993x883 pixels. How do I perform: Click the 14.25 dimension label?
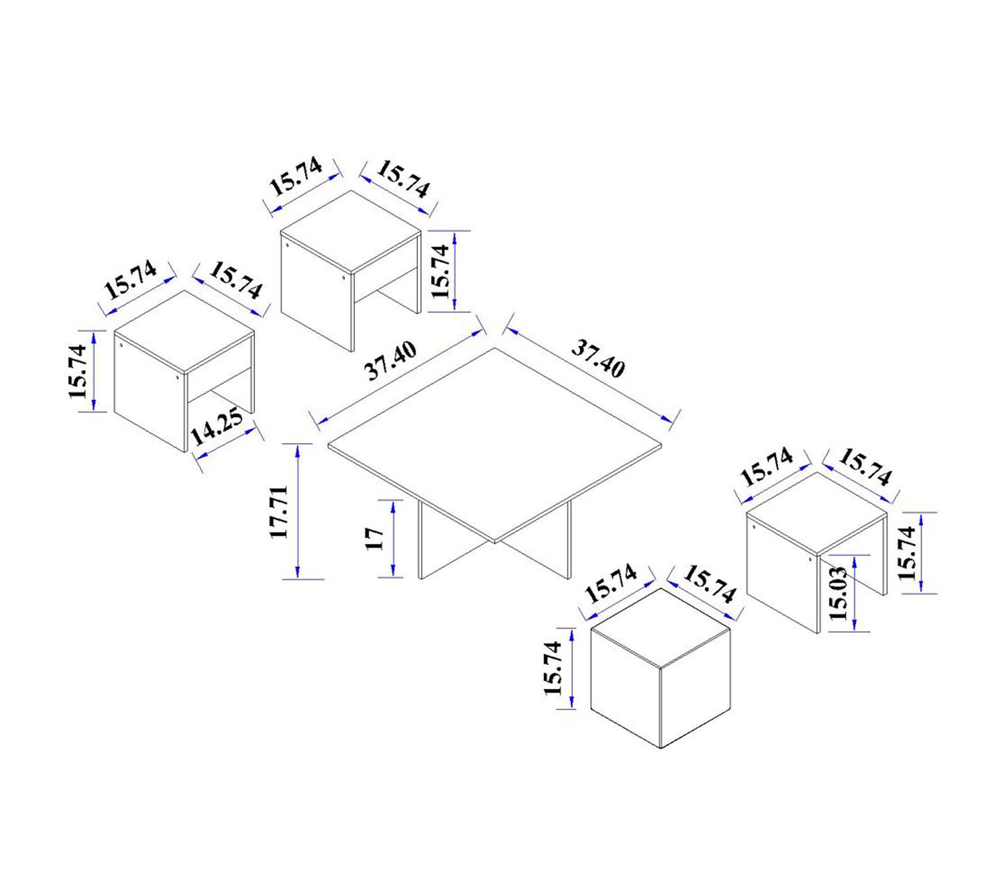click(216, 426)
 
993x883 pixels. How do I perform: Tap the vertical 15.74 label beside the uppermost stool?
click(441, 271)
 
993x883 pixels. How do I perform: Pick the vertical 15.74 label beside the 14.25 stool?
click(78, 371)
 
